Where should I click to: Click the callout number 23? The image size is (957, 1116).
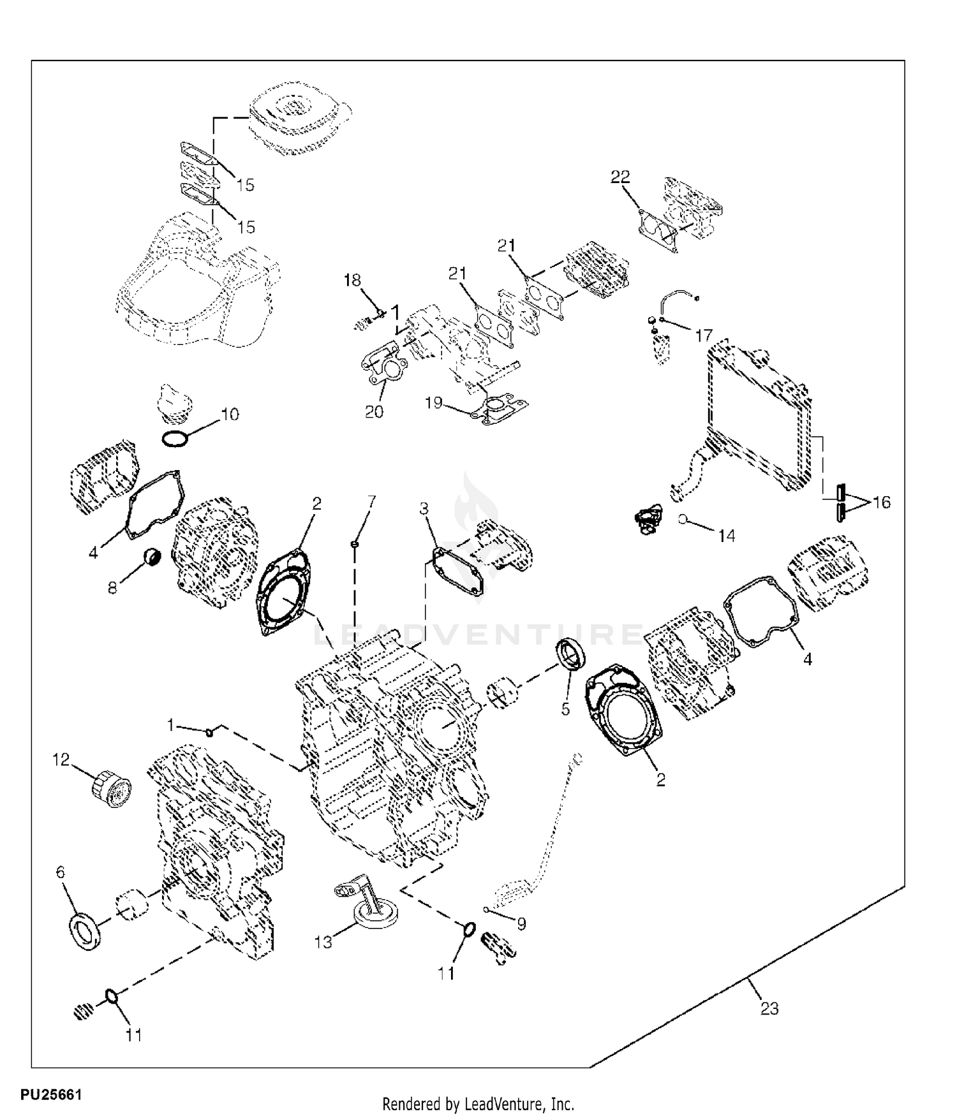769,1009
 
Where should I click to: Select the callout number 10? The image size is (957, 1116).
230,415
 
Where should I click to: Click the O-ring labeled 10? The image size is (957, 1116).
175,439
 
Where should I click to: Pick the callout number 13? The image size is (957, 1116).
323,942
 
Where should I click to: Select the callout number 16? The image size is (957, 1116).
881,503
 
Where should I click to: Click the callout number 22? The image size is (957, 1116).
620,177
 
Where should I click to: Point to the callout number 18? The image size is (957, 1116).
352,280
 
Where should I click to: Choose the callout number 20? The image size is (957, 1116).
374,412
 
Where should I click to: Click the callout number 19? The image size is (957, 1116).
434,403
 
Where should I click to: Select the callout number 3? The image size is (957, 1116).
424,509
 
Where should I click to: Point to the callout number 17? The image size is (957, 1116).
704,335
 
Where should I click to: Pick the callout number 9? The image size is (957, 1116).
521,924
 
